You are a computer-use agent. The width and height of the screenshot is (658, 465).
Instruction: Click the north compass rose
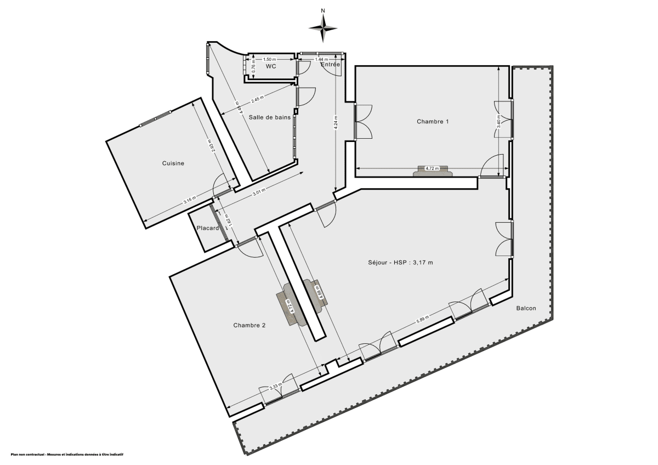323,26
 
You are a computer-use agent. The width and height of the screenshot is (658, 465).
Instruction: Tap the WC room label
271,66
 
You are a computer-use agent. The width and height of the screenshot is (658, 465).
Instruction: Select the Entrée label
331,65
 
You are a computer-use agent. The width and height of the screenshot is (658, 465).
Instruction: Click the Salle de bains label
269,117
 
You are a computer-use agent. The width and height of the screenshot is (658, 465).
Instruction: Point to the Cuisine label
173,163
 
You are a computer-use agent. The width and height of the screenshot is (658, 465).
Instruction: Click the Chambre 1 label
433,121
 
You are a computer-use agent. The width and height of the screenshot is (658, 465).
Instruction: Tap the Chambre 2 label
249,325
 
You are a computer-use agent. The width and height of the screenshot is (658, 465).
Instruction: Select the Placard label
208,228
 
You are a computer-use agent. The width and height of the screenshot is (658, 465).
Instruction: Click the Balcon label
526,308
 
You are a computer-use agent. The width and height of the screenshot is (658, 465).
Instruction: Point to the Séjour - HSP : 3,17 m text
400,262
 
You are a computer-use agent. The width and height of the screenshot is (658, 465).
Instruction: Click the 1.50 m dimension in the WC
269,59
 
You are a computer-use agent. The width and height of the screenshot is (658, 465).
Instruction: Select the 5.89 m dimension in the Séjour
422,320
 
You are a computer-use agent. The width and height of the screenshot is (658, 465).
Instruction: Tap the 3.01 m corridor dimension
259,191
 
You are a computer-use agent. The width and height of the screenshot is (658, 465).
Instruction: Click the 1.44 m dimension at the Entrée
321,59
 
